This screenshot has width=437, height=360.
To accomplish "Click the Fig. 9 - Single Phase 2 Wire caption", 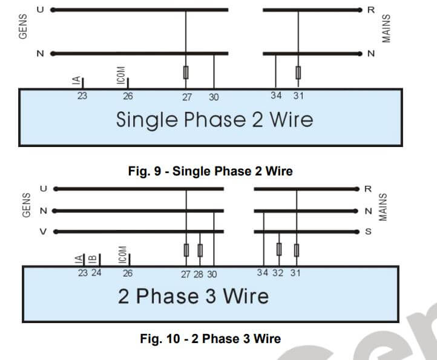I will [211, 171].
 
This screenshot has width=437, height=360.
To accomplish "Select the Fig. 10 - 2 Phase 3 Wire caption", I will [211, 338].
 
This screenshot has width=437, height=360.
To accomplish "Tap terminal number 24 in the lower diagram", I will [96, 273].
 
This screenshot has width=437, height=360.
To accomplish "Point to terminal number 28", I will [199, 274].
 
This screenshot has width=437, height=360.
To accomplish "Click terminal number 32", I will [278, 273].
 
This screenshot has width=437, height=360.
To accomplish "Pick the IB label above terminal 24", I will [91, 259].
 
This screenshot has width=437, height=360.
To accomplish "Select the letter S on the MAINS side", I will [367, 232].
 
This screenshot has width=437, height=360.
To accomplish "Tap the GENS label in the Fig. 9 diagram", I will [24, 28].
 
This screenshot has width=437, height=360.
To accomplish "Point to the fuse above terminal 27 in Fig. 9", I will [186, 73].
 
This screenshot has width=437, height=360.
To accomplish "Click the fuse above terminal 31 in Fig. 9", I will [298, 73].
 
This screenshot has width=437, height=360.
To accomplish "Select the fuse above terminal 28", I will [200, 249].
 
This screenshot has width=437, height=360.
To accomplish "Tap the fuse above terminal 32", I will [278, 249].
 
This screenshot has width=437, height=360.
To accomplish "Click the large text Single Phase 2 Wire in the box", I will [214, 119].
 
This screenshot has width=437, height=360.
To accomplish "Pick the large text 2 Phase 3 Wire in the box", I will [193, 296].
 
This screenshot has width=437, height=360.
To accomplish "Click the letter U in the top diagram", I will [40, 10].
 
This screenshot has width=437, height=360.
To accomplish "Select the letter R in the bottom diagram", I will [367, 188].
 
